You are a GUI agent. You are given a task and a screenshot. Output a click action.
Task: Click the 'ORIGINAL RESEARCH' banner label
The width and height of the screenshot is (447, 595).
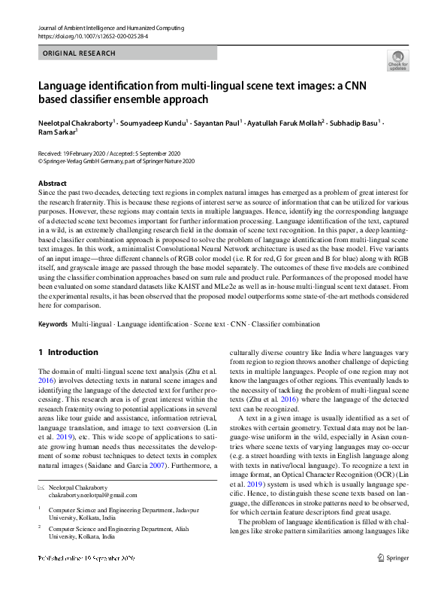point(80,54)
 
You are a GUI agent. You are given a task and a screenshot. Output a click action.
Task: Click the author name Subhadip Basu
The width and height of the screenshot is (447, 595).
point(353,122)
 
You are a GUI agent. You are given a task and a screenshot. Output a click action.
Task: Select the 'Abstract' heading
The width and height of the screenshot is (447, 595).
point(53,183)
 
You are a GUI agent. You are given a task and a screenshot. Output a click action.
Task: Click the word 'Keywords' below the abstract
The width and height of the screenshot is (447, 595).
point(53,324)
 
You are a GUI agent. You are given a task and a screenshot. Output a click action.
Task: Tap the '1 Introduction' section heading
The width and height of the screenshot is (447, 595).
point(68,352)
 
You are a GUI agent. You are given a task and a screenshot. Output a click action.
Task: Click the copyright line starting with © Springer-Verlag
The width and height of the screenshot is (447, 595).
point(116,161)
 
